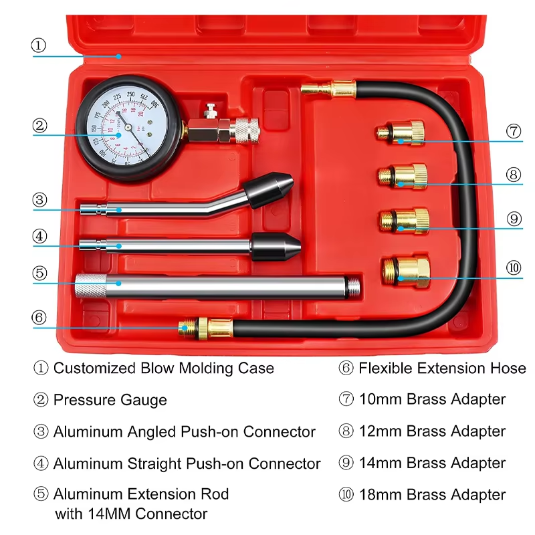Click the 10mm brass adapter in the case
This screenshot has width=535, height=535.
[x=401, y=133]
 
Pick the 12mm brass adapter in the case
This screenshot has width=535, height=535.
[x=403, y=177]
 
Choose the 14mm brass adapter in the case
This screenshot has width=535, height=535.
[x=404, y=221]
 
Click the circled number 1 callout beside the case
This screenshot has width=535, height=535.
[x=39, y=45]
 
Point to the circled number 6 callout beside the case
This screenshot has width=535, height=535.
[x=39, y=318]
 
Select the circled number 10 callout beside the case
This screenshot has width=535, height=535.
[x=513, y=268]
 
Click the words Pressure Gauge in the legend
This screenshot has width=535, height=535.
[x=110, y=400]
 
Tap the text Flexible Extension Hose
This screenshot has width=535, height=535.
[x=442, y=368]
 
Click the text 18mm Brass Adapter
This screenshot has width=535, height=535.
[x=432, y=495]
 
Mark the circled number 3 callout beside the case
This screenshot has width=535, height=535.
[x=39, y=200]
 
